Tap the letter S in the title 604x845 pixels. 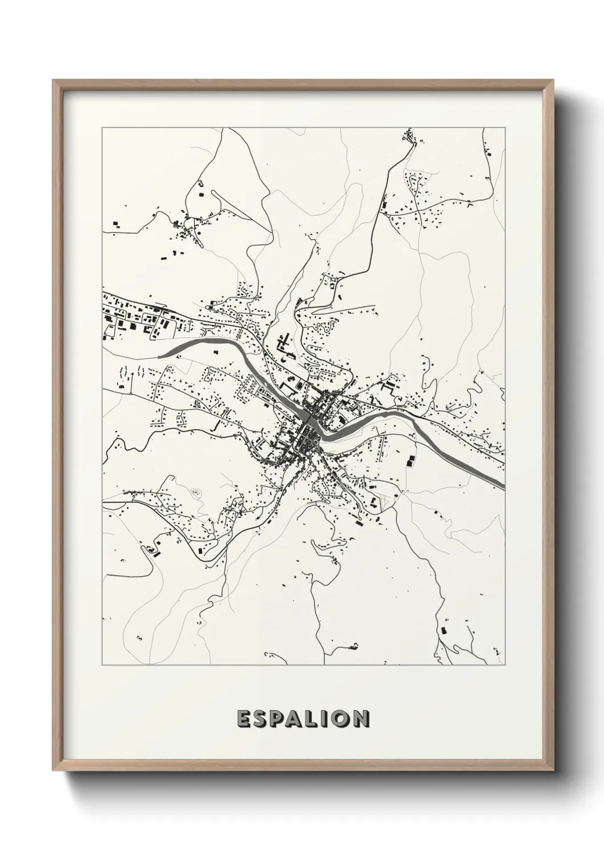click(260, 719)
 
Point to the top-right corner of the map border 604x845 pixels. click(505, 128)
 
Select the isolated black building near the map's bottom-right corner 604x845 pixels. click(443, 630)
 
